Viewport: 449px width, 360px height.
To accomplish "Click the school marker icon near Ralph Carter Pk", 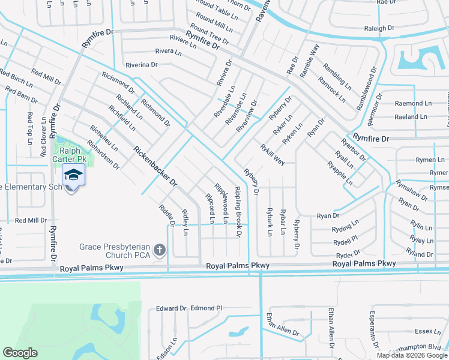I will point(73,175).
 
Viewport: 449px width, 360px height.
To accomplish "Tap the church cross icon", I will point(159,249).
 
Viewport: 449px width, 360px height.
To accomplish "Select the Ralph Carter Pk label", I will point(73,155).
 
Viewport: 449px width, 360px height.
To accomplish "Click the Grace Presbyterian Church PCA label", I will point(115,251).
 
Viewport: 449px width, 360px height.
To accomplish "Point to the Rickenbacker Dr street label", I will point(156,166).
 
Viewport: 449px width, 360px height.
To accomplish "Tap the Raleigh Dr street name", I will point(379,28).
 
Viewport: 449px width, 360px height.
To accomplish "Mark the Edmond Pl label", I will point(206,308).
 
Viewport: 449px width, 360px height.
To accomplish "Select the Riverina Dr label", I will point(141,65).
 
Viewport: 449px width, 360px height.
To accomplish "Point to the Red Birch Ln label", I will point(16,81).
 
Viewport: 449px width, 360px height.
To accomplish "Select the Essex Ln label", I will point(428,331).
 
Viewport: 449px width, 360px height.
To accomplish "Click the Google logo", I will point(20,353).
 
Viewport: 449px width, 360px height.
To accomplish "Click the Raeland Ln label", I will point(414,117).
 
